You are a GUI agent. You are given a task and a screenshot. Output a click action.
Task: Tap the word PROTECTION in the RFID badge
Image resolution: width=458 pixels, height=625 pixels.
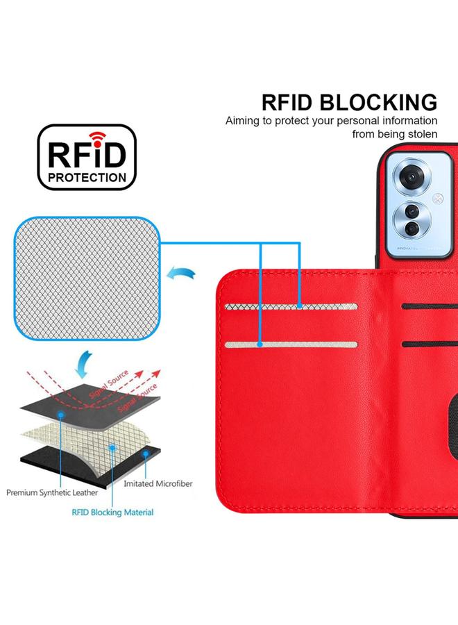pos(87,177)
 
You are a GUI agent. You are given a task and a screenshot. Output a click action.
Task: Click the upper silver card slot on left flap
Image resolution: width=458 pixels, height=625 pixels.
pos(291,306)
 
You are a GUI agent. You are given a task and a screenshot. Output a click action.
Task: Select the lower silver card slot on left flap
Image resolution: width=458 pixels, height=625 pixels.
pos(291,344)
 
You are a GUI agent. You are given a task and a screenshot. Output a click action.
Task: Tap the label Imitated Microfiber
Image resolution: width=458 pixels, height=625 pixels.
pos(158,483)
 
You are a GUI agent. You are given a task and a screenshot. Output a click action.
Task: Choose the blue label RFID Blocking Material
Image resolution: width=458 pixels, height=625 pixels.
pos(112,512)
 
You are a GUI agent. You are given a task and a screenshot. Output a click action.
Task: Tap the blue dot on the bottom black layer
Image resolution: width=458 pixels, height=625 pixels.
pos(146,453)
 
